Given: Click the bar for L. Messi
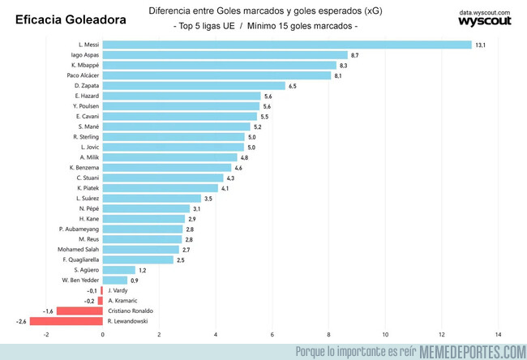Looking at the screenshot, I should coord(287,45).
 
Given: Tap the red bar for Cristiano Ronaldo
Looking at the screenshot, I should coord(79,311).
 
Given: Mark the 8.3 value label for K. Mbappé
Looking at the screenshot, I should coord(344,66).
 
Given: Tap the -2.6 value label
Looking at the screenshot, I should coord(21,321).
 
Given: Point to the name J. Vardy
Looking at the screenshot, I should coord(118,290).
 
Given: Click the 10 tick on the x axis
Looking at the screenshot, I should coord(385,334).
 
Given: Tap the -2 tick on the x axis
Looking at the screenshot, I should coord(47,334).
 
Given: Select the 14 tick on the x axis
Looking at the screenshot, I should coord(498,334).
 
